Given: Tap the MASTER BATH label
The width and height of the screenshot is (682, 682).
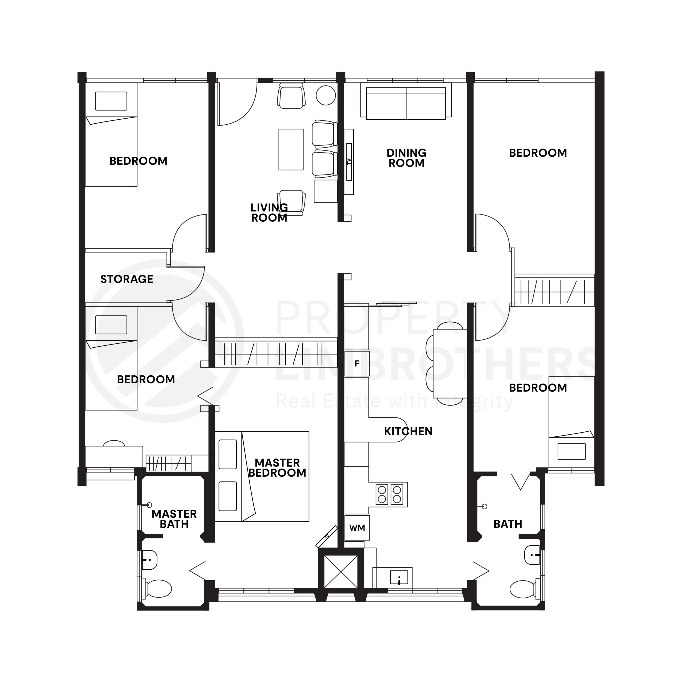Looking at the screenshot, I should pos(174,519).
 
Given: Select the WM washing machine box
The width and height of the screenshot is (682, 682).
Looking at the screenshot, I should pos(357,528).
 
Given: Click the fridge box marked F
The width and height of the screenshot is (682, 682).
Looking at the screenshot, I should pos(357,364).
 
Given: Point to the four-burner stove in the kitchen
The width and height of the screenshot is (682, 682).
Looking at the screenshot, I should pos(389,494).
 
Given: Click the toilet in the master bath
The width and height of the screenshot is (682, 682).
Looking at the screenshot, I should pos(157,588).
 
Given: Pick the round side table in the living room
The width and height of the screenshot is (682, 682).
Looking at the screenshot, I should pos(326,95).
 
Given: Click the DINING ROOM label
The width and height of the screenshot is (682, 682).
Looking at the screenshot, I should pos(406,158).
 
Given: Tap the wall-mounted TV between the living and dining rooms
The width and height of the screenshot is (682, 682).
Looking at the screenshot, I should pos(349,162).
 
